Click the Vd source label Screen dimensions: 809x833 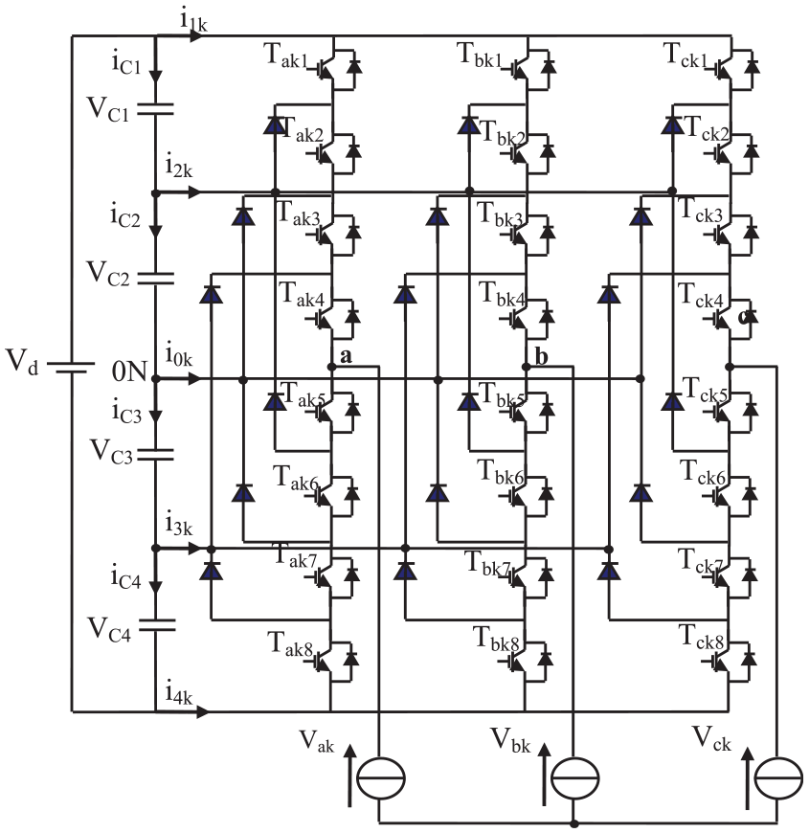click(22, 362)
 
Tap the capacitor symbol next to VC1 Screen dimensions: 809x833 click(155, 109)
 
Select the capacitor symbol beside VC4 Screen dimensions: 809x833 click(156, 624)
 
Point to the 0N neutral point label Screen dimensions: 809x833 click(129, 371)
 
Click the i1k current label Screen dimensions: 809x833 click(193, 21)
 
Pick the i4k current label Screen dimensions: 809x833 click(178, 693)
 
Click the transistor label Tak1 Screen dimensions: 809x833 click(285, 56)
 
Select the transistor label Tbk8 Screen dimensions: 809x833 click(496, 639)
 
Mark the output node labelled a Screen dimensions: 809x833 click(331, 367)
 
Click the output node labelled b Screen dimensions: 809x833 click(526, 367)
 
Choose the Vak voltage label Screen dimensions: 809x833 click(317, 740)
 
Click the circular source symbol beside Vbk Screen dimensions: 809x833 click(574, 777)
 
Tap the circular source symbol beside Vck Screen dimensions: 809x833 click(778, 777)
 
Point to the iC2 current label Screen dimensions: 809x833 click(125, 216)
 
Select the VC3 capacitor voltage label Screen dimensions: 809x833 click(111, 452)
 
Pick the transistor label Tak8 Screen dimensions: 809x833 click(290, 643)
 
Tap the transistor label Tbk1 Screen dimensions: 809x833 click(479, 56)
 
